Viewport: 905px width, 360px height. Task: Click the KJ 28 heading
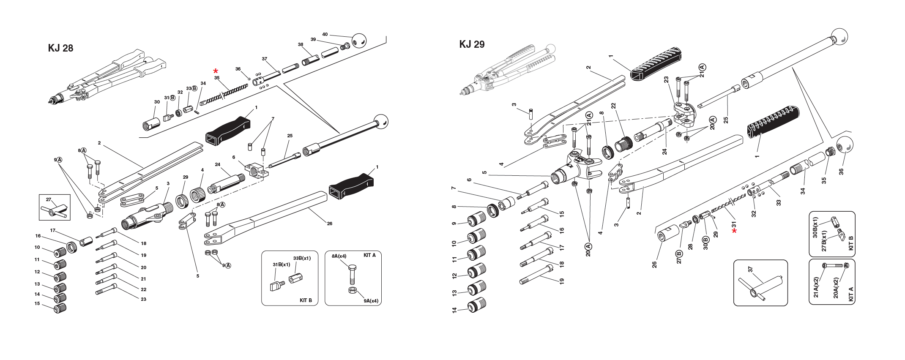(x=60, y=48)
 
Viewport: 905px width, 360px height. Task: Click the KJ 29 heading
(x=472, y=44)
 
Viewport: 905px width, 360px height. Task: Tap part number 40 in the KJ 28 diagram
(x=325, y=34)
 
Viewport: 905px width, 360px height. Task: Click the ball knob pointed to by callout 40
(x=358, y=41)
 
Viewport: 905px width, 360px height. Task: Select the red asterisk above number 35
(x=216, y=71)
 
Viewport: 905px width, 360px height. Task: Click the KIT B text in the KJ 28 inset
(x=306, y=300)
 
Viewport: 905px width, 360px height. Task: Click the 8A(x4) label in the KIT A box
(x=339, y=256)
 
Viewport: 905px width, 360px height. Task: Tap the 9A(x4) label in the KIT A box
(x=371, y=301)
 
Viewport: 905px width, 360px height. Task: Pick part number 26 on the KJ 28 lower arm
(x=329, y=224)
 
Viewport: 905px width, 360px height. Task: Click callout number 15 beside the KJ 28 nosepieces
(x=37, y=304)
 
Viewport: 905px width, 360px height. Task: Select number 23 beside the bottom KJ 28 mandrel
(x=143, y=299)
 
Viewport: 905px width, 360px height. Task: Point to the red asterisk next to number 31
(x=735, y=231)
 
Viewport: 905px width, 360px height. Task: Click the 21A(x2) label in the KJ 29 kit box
(x=816, y=287)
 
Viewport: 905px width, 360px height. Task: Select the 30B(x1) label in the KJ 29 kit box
(x=815, y=228)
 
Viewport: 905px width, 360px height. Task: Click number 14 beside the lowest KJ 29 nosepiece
(x=455, y=310)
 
